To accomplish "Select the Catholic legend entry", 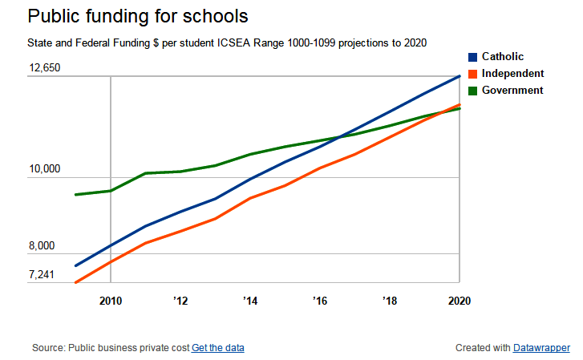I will tap(503, 57).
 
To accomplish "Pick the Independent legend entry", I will tap(512, 74).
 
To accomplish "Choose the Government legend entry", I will tap(512, 91).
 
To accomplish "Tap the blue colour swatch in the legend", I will tap(473, 57).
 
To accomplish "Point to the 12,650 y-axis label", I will tap(45, 68).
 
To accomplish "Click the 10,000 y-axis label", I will tap(45, 169).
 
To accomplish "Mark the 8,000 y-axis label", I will tap(42, 246).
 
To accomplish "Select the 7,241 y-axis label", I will tap(42, 275).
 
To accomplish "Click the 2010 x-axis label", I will tap(111, 301).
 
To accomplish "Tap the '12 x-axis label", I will tap(180, 301).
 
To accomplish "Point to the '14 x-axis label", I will tap(250, 301).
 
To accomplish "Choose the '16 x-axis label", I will tap(320, 301).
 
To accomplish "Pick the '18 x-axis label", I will tap(390, 301).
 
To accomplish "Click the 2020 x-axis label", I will tap(459, 301).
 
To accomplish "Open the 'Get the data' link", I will tap(218, 348).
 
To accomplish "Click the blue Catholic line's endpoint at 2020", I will tap(460, 76).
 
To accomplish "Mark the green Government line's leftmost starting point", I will tap(75, 195).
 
